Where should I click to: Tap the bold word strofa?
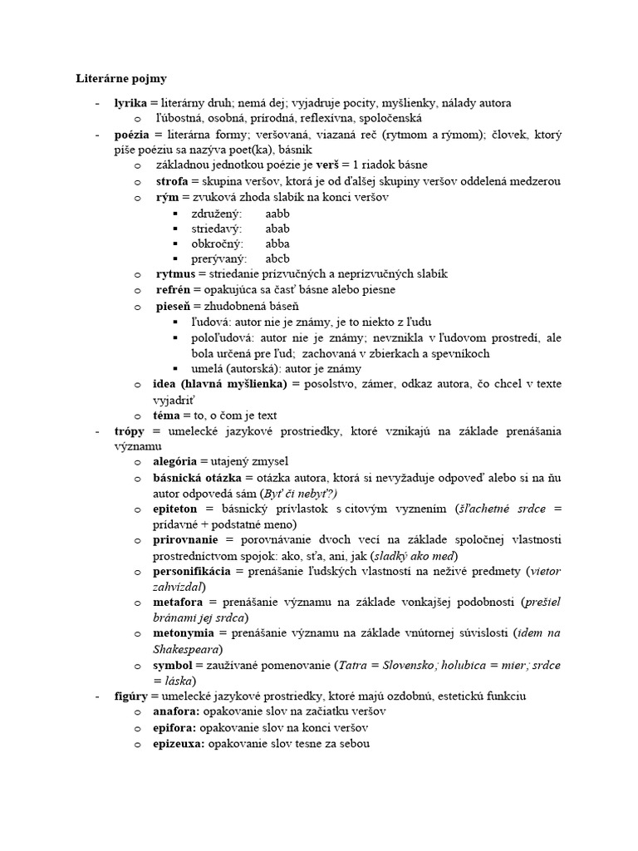coord(172,181)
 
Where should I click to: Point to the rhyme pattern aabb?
coord(277,214)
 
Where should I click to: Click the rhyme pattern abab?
coord(277,229)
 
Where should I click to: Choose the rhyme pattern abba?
coord(277,243)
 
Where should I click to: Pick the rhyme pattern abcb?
coord(277,258)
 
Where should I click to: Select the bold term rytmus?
coord(175,274)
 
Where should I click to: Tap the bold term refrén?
coord(174,290)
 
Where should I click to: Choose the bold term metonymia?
coord(186,633)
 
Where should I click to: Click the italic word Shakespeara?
coord(186,649)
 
